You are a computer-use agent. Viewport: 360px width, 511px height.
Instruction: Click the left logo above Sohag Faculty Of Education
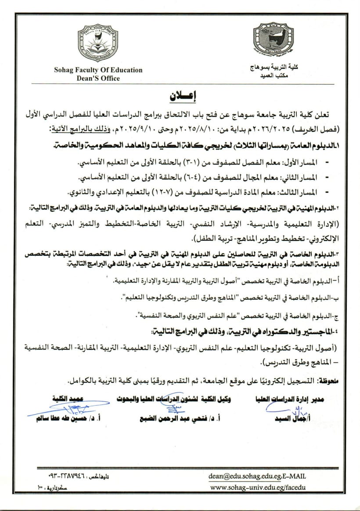97,44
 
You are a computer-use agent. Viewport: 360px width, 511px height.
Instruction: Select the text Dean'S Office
98,78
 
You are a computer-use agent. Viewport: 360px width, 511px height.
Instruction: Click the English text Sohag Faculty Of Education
98,70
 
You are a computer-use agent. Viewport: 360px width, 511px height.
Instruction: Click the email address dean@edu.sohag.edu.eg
245,475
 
